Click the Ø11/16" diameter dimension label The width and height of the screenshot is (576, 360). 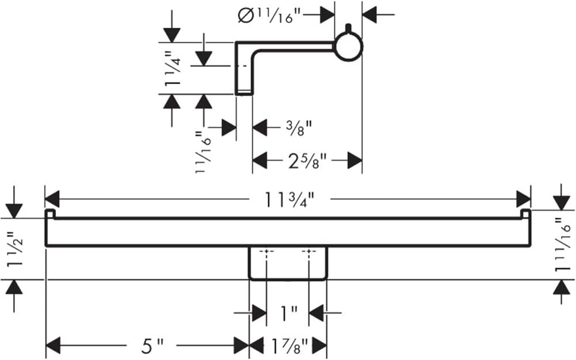pos(270,16)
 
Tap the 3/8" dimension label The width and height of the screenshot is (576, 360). pos(299,128)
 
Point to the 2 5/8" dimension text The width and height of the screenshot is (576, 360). pos(307,161)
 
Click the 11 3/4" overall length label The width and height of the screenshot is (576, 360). pos(290,199)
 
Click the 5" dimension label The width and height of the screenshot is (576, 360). pos(152,346)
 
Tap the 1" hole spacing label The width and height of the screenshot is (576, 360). pos(288,313)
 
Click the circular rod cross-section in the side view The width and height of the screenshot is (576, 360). pos(348,47)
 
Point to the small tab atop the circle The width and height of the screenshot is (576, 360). pos(348,29)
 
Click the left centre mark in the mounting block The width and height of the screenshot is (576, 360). pos(267,252)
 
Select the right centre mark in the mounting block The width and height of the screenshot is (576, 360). pos(309,252)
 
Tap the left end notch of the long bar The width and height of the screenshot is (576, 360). pos(50,214)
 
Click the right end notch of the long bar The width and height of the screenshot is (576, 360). pos(526,214)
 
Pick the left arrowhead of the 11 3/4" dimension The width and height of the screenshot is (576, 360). pos(52,199)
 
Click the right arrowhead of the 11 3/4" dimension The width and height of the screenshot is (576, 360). pos(524,199)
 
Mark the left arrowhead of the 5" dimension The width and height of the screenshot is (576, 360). pos(53,346)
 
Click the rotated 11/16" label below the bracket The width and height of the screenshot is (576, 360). pos(203,153)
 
